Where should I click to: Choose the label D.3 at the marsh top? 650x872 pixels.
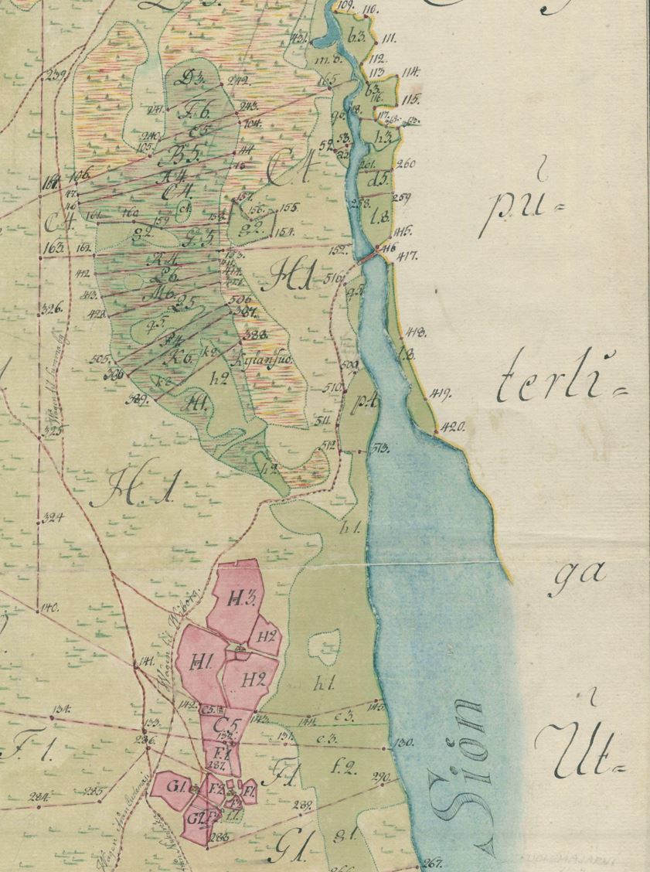coord(186,77)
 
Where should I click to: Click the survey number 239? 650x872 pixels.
coord(56,75)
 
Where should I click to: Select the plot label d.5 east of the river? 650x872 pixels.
coord(379,183)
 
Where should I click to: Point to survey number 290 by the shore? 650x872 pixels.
coord(381,777)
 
